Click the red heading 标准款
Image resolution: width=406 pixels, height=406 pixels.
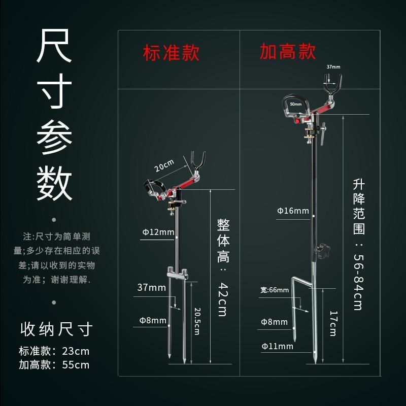(171, 53)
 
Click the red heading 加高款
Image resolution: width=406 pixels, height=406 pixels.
(288, 52)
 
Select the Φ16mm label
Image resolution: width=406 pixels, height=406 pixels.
(293, 211)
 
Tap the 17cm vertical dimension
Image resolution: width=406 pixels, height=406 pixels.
(332, 323)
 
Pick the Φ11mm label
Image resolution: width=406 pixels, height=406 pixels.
(277, 346)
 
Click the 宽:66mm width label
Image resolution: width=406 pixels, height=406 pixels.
(275, 290)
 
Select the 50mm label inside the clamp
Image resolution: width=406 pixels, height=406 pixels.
(295, 104)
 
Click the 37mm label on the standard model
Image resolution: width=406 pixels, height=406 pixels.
(151, 287)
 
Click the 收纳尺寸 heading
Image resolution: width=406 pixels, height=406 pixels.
(56, 329)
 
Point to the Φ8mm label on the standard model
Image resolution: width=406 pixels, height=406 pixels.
(153, 320)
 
